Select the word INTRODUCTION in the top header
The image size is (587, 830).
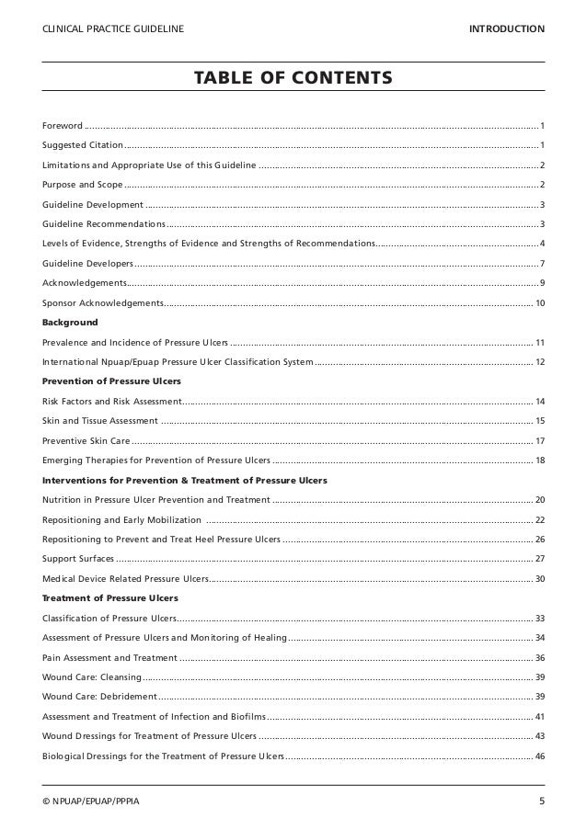point(506,29)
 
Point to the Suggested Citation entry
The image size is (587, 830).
point(82,144)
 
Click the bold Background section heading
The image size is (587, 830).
point(69,323)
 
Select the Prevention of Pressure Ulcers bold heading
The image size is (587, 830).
point(111,381)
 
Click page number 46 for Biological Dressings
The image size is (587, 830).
point(539,756)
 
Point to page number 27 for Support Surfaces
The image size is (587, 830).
point(539,558)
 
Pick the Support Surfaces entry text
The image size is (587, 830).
point(78,558)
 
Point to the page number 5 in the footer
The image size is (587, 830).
point(541,802)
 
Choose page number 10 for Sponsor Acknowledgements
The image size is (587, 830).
point(539,302)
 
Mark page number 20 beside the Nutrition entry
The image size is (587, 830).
point(539,499)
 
